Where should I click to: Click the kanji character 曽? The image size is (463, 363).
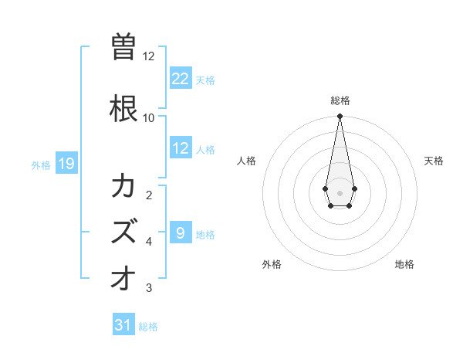pos(123,47)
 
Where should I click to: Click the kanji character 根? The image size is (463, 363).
pos(123,107)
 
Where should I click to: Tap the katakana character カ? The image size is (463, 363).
pos(123,187)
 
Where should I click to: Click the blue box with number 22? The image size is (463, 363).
pos(181,79)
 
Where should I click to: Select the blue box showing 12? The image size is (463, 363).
pos(181,148)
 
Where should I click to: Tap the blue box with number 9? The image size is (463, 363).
pos(181,232)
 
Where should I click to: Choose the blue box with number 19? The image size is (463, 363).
pos(66,164)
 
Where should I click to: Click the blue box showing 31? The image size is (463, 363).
pos(123,325)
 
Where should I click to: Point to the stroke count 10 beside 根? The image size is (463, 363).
pos(148,117)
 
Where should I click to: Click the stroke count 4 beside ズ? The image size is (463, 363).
pos(149,241)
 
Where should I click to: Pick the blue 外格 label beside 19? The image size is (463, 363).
pos(41,165)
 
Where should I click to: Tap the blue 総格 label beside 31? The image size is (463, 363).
pos(148,326)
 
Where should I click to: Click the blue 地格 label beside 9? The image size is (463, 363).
pos(205,234)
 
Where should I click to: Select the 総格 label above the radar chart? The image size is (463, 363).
pos(340,100)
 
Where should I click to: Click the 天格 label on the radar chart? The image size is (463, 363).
pos(434,161)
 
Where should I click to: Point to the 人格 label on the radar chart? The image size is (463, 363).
pos(247,161)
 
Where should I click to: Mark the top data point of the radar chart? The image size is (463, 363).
pos(340,117)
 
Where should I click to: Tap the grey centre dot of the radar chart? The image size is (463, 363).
pos(340,192)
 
